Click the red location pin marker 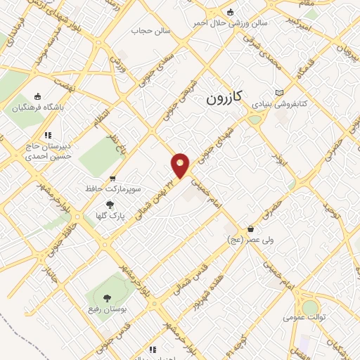pyautogui.click(x=181, y=165)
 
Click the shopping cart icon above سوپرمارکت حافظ pyautogui.click(x=112, y=179)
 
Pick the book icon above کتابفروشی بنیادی pyautogui.click(x=280, y=92)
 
